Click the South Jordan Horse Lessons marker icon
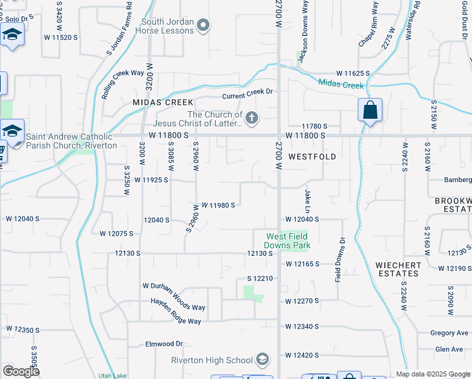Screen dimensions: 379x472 tap(203, 26)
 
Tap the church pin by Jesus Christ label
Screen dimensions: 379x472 tap(252, 118)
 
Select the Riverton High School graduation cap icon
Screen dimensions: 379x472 tap(262, 360)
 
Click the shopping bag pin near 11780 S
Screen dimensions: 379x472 tap(370, 111)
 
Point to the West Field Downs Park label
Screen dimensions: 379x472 tap(288, 240)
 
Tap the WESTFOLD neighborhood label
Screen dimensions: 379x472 tap(312, 155)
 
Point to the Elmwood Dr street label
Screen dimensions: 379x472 tap(163, 344)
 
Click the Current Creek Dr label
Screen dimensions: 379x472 tap(248, 92)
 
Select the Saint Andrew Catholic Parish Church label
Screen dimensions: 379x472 tap(71, 141)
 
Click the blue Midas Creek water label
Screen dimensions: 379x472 tap(341, 85)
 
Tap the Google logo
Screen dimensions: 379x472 tap(21, 371)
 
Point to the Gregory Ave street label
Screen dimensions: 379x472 tap(449, 333)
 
